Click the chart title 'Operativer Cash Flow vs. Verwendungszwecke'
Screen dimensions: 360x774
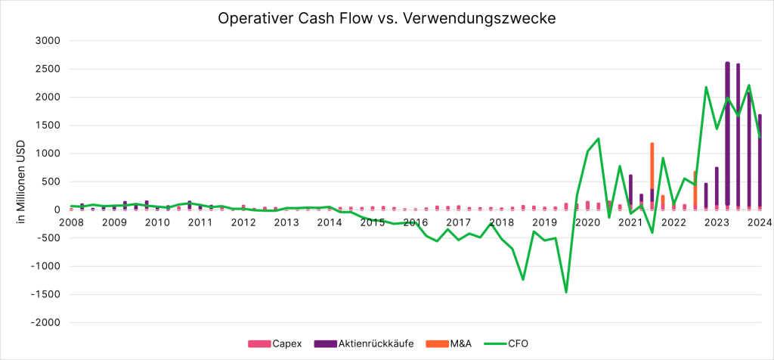[386, 18]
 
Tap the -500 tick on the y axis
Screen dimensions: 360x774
[47, 238]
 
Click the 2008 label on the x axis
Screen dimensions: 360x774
[71, 222]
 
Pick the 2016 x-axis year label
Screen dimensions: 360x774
[415, 222]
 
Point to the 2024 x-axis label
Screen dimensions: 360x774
[760, 222]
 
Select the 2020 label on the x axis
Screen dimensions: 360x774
[587, 222]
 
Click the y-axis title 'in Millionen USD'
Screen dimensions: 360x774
[21, 182]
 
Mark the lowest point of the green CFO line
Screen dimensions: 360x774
[566, 292]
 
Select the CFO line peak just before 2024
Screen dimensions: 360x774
[748, 85]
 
